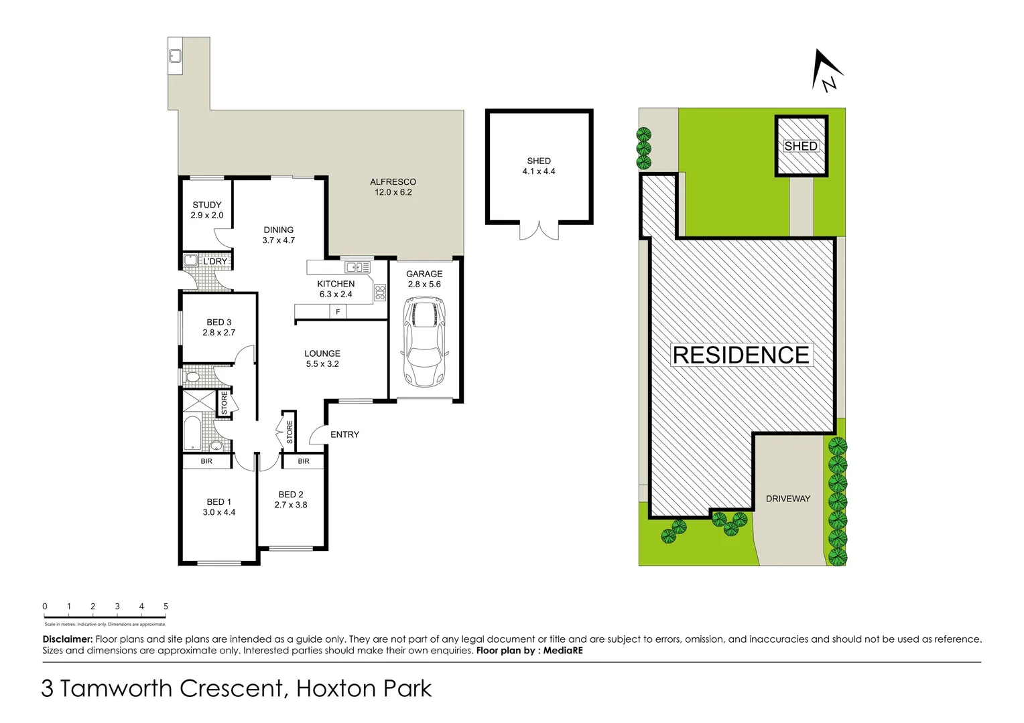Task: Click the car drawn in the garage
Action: (422, 343)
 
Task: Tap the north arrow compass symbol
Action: (826, 72)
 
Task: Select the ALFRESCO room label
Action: (393, 181)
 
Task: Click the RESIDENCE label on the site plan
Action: (741, 355)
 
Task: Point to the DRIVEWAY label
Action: (787, 499)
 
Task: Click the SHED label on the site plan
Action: (801, 146)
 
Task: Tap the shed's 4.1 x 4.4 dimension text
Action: (539, 171)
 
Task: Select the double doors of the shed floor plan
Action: (539, 231)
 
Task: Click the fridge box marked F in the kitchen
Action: (338, 312)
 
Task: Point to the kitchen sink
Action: (357, 268)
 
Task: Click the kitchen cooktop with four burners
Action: (380, 292)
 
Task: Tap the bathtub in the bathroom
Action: (192, 434)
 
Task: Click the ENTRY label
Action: (344, 434)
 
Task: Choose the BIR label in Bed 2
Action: (304, 461)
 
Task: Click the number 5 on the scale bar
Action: (166, 607)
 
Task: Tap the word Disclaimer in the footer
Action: (67, 639)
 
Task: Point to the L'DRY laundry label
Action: (214, 261)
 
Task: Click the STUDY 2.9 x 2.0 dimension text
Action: (207, 216)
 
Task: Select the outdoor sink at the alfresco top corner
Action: (175, 56)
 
